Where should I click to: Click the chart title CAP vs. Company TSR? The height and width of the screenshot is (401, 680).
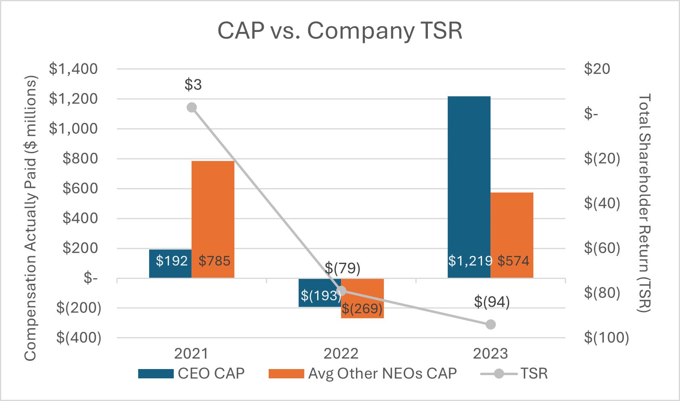(340, 31)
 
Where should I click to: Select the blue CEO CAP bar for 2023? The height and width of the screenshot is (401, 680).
(469, 187)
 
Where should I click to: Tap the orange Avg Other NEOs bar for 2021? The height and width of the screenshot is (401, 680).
(213, 219)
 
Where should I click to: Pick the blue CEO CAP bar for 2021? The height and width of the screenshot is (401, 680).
(171, 264)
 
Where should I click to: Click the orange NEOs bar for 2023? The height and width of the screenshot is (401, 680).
(512, 235)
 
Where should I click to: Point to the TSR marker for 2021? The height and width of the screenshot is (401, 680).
(192, 108)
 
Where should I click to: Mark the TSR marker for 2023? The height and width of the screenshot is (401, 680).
(491, 325)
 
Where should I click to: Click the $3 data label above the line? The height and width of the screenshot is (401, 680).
(193, 84)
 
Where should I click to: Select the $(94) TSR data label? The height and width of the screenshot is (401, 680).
(492, 302)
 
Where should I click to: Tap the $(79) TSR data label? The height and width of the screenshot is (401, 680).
(343, 268)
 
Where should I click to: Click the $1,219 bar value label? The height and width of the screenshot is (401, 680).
(470, 261)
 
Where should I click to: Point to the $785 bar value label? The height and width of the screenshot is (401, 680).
(214, 261)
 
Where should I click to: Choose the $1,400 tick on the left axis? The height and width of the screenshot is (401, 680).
(74, 69)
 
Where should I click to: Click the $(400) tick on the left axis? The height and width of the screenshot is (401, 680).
(79, 338)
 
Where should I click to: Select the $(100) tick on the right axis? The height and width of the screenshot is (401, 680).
(606, 338)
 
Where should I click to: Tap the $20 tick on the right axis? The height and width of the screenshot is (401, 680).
(597, 69)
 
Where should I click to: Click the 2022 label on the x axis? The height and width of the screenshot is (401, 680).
(341, 354)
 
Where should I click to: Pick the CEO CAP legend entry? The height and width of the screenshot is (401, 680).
(191, 374)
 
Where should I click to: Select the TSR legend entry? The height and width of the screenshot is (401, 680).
(514, 374)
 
